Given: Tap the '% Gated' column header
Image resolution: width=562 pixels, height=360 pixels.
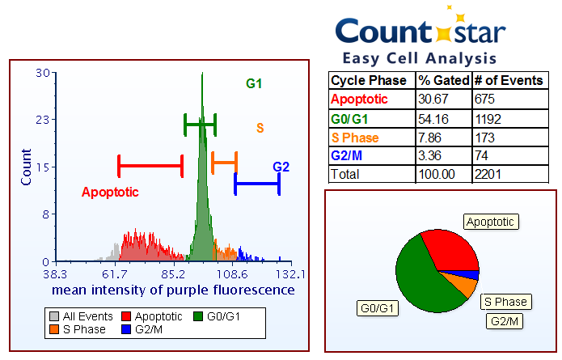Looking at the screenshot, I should (442, 81).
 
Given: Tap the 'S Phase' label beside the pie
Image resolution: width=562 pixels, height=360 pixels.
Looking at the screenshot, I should (505, 302).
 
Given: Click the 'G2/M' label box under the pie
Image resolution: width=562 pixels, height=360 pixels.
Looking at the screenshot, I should (505, 321).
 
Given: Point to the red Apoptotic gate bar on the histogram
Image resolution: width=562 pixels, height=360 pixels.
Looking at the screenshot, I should (150, 166).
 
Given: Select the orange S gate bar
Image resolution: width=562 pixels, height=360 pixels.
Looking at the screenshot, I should (224, 162).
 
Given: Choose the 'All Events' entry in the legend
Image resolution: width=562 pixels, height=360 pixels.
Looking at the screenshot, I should (77, 316).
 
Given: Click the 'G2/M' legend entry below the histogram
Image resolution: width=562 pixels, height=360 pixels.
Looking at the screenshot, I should (143, 329).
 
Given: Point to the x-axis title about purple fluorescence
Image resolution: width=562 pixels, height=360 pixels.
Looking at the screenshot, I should (173, 290).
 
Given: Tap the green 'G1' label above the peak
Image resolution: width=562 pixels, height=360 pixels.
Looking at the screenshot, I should (254, 83).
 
